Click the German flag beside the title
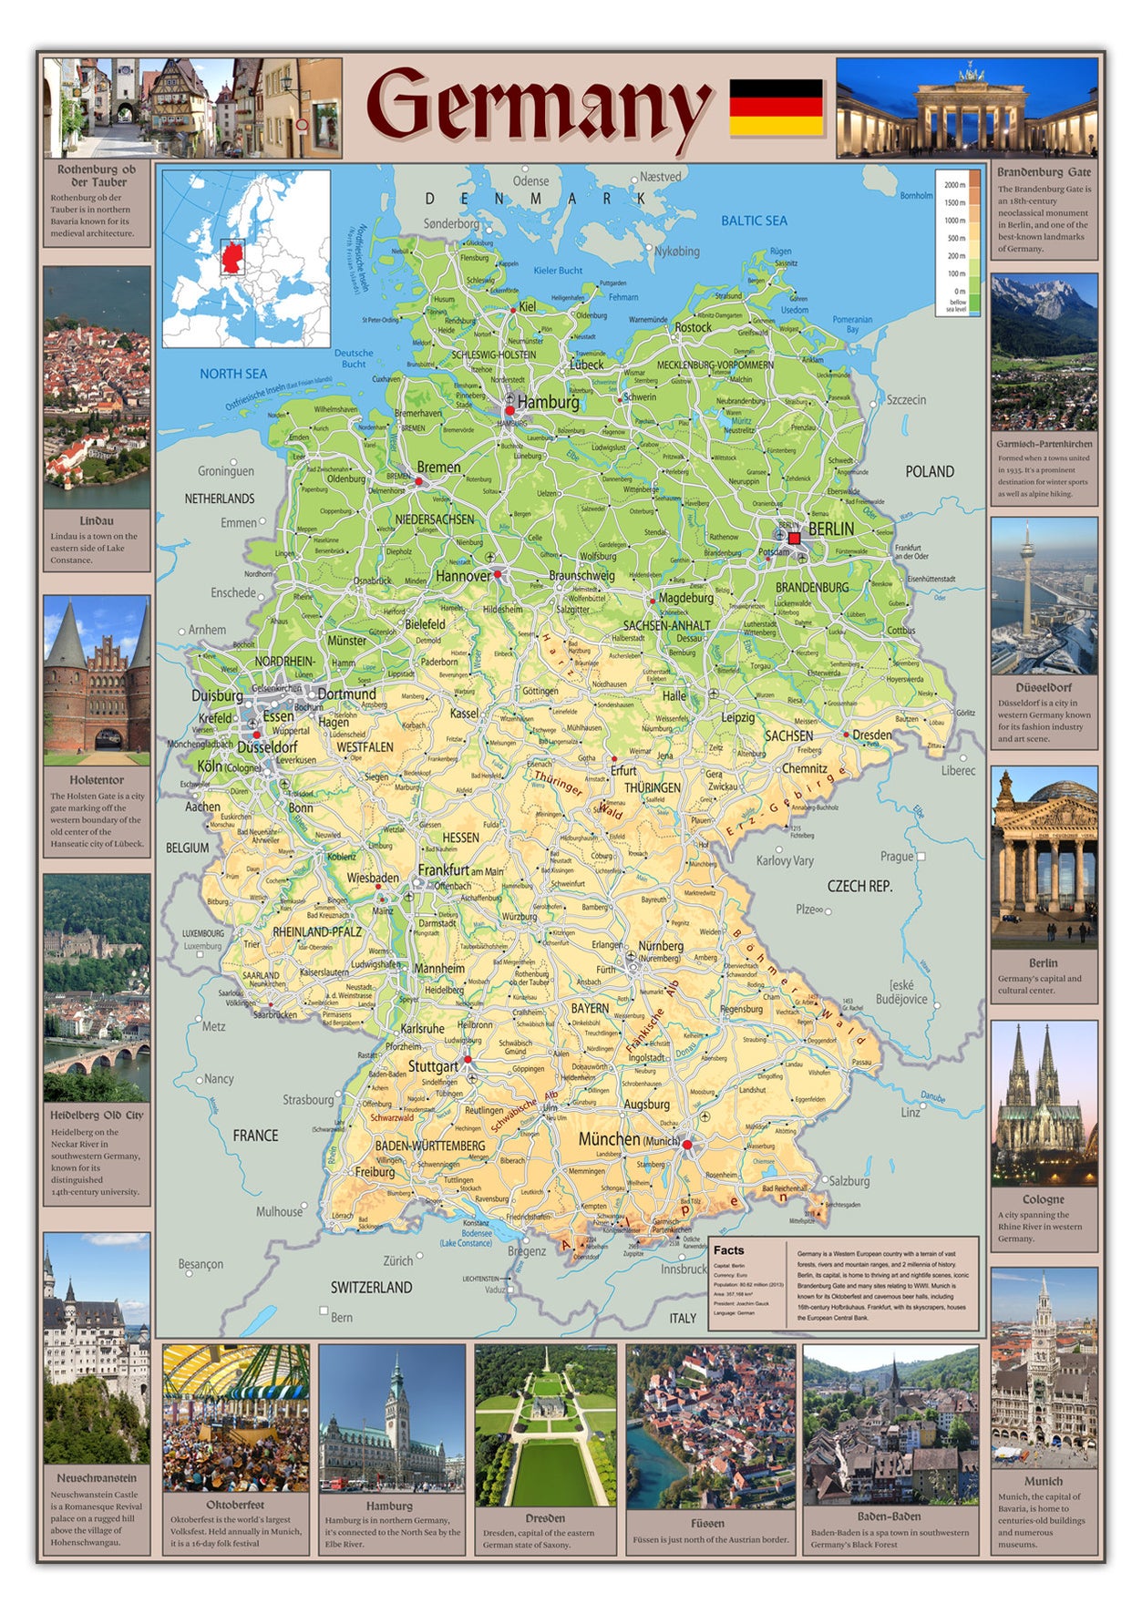click(x=776, y=108)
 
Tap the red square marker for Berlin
click(x=794, y=539)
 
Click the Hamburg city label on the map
click(x=548, y=402)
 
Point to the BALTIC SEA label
click(x=754, y=221)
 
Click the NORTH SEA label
click(x=233, y=374)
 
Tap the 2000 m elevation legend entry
click(x=954, y=185)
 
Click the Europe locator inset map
click(x=246, y=259)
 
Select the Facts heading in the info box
click(x=728, y=1250)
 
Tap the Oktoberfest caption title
click(x=235, y=1505)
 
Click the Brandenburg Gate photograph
click(x=966, y=108)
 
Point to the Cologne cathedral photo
click(x=1044, y=1103)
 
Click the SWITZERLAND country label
click(x=371, y=1288)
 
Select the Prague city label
click(x=896, y=857)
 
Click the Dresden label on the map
click(x=872, y=735)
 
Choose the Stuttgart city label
click(x=433, y=1066)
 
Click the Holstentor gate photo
click(x=96, y=680)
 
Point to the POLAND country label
click(x=930, y=471)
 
